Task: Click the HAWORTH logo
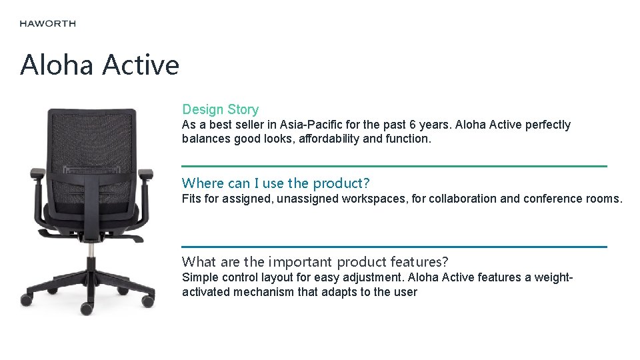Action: (x=47, y=23)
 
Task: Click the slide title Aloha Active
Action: (x=99, y=65)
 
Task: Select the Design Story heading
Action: (x=220, y=109)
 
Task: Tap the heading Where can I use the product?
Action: (x=275, y=183)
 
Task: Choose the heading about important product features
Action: (x=315, y=261)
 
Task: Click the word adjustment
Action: (x=373, y=277)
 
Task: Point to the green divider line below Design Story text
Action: (x=394, y=166)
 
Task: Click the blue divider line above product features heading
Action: (x=394, y=247)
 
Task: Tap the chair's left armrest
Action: (x=37, y=175)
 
